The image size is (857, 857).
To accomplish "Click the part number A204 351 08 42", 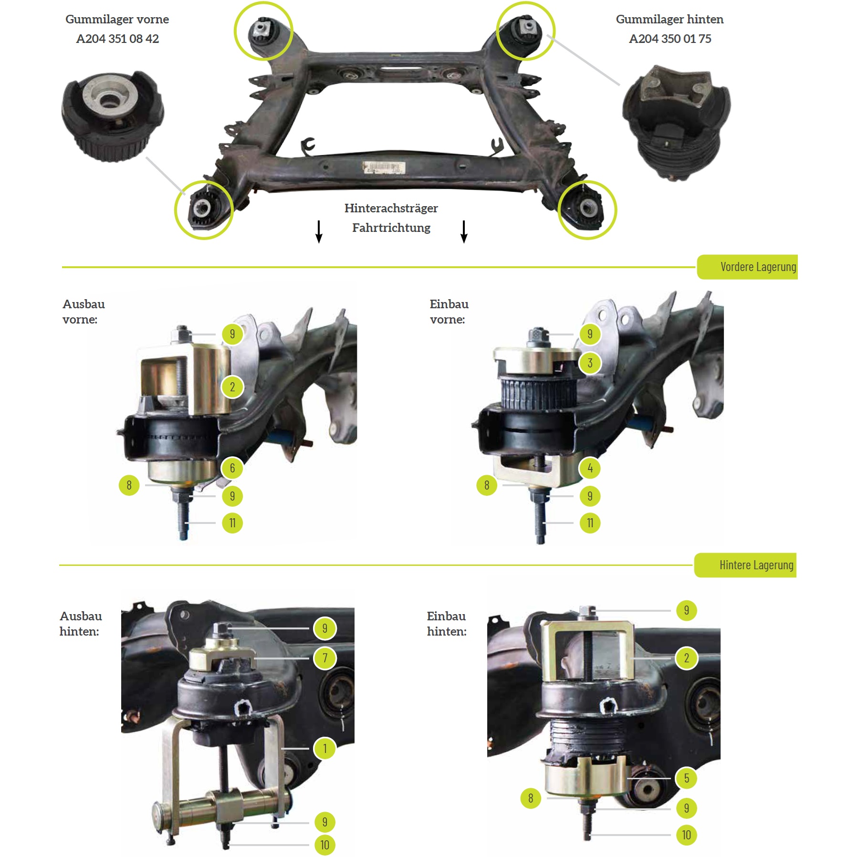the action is pyautogui.click(x=117, y=39).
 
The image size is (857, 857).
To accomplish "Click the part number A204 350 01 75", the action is pyautogui.click(x=670, y=39).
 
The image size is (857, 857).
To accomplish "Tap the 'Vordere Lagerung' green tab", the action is pyautogui.click(x=747, y=267).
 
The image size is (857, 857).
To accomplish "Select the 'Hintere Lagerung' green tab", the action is pyautogui.click(x=745, y=565).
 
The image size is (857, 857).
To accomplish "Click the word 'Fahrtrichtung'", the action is pyautogui.click(x=391, y=228).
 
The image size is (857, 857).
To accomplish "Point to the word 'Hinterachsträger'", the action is pyautogui.click(x=391, y=208).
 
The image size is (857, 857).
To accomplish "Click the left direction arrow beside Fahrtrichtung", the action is pyautogui.click(x=319, y=231).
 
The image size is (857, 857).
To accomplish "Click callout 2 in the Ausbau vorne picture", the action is pyautogui.click(x=232, y=387).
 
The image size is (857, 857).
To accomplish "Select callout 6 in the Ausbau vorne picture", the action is pyautogui.click(x=232, y=468).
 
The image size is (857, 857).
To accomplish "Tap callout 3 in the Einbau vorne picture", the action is pyautogui.click(x=590, y=363).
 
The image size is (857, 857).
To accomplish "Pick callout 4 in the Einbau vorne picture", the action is pyautogui.click(x=590, y=468).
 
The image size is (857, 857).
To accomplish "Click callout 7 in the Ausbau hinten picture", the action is pyautogui.click(x=325, y=658).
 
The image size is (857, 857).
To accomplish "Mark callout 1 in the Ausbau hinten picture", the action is pyautogui.click(x=325, y=748).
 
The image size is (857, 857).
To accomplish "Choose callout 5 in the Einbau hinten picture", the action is pyautogui.click(x=687, y=778).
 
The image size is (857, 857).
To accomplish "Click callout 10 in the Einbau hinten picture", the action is pyautogui.click(x=687, y=835).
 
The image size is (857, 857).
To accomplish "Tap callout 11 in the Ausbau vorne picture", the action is pyautogui.click(x=232, y=523).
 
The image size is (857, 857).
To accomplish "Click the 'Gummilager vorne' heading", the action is pyautogui.click(x=117, y=19).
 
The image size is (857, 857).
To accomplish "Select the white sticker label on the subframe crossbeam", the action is pyautogui.click(x=384, y=168).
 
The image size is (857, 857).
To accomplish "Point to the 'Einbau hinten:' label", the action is pyautogui.click(x=447, y=624).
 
